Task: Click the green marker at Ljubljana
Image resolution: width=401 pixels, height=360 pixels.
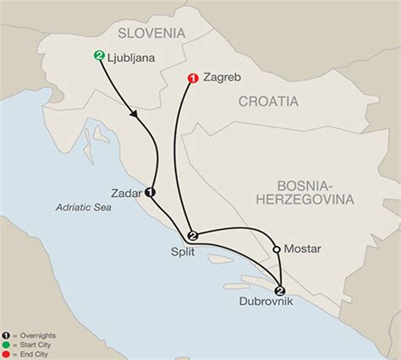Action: point(100,57)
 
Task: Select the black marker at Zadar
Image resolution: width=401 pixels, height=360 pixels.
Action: point(151,191)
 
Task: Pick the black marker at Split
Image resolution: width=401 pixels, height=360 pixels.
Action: point(192,235)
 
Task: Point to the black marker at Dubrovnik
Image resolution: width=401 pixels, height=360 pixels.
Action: point(280,290)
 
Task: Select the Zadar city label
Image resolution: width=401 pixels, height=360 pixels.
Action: point(126,191)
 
